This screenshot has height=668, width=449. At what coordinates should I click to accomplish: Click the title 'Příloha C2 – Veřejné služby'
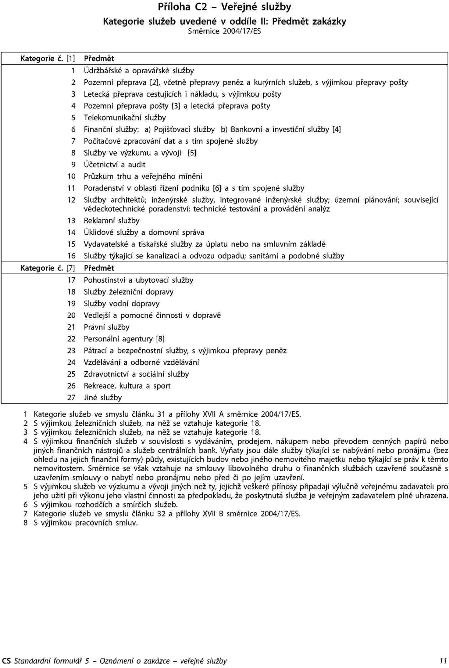pyautogui.click(x=225, y=7)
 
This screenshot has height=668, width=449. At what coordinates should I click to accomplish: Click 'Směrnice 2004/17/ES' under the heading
pyautogui.click(x=224, y=31)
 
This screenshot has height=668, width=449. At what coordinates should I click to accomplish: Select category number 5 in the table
pyautogui.click(x=73, y=118)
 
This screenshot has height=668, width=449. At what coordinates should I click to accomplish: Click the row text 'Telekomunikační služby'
pyautogui.click(x=125, y=118)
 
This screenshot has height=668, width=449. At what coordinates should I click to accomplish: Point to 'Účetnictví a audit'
pyautogui.click(x=115, y=165)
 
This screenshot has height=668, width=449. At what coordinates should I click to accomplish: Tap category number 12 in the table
pyautogui.click(x=71, y=200)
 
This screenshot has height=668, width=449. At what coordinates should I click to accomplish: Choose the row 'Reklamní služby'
pyautogui.click(x=112, y=221)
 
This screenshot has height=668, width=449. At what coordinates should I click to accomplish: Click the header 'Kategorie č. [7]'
pyautogui.click(x=47, y=268)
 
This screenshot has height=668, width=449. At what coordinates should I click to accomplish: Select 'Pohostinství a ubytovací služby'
pyautogui.click(x=138, y=280)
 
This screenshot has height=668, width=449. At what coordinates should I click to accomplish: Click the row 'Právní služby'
pyautogui.click(x=107, y=327)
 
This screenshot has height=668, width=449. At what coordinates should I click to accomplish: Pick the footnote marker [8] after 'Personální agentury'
pyautogui.click(x=160, y=339)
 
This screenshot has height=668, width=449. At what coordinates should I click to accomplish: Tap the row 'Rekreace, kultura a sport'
pyautogui.click(x=127, y=386)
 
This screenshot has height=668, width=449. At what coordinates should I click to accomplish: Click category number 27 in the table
pyautogui.click(x=71, y=398)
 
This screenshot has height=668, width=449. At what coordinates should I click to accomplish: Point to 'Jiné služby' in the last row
pyautogui.click(x=103, y=398)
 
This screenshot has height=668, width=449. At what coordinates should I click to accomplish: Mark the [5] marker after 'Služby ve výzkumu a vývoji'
pyautogui.click(x=192, y=153)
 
